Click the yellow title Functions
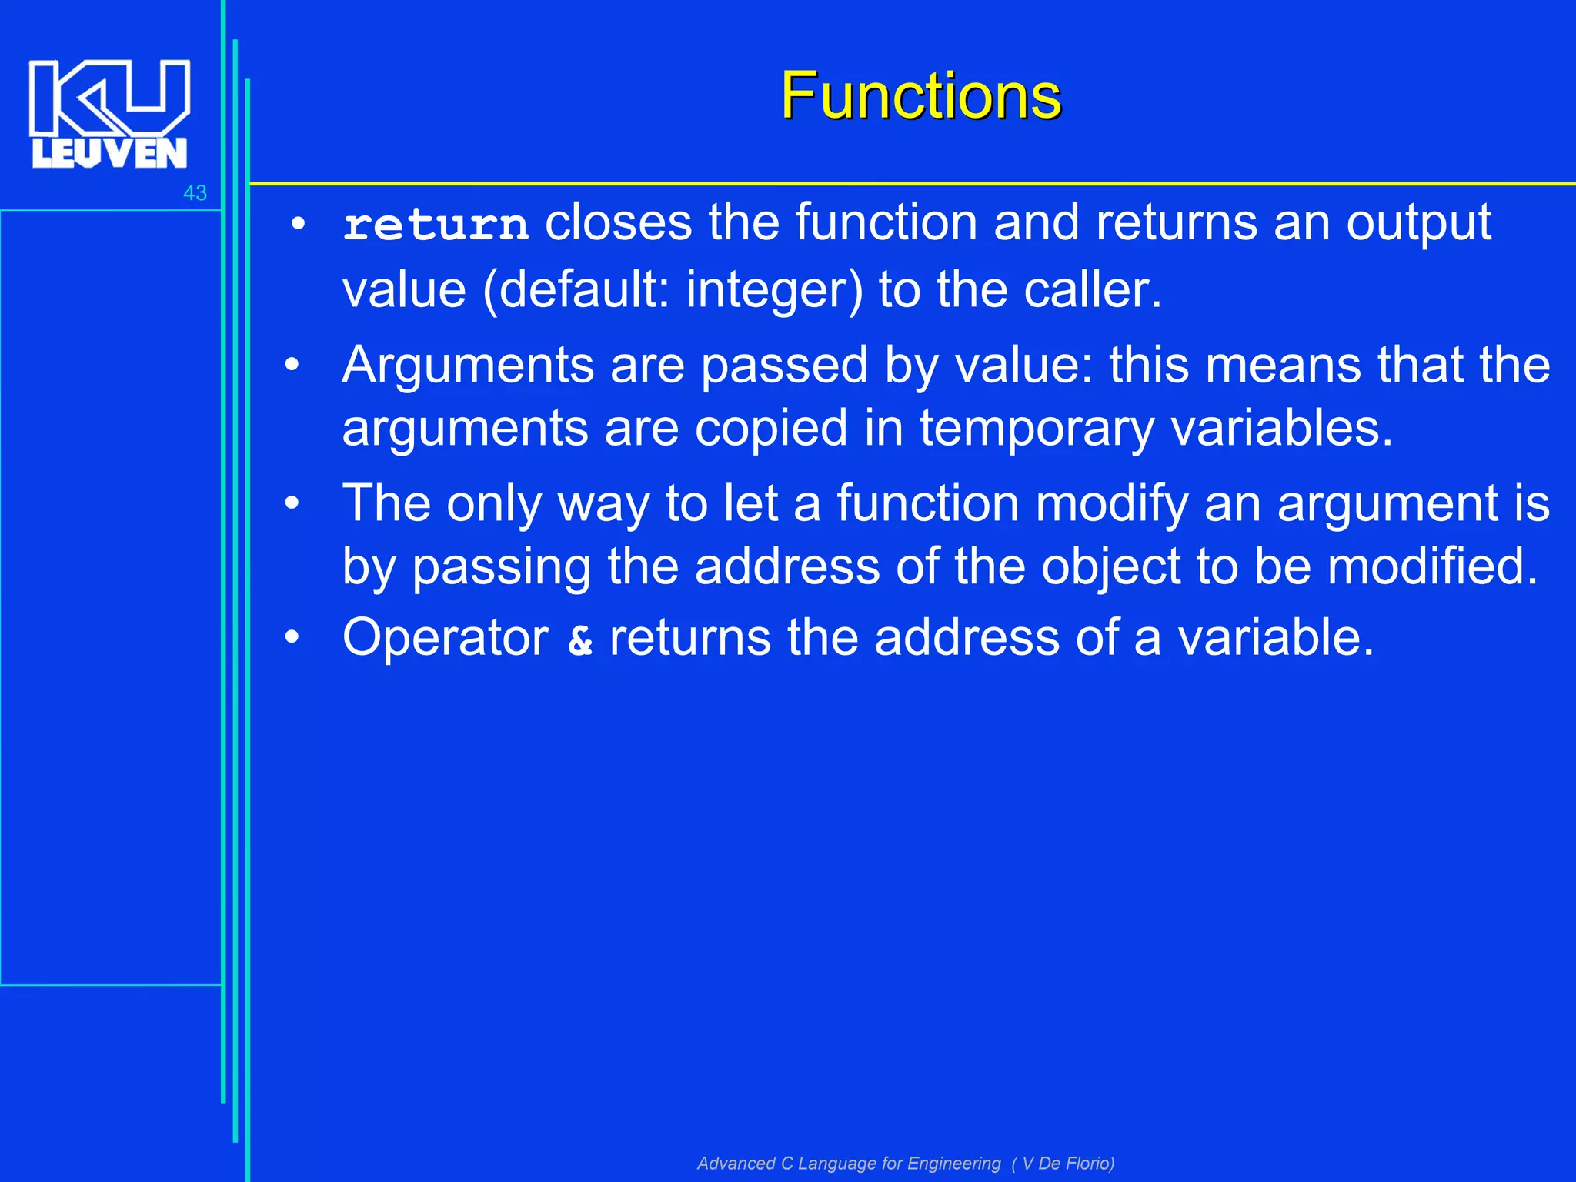(x=920, y=96)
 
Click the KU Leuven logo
(x=109, y=114)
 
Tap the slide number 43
(x=195, y=193)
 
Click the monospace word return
(x=436, y=225)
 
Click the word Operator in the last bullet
(x=446, y=638)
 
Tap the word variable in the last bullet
(x=1275, y=638)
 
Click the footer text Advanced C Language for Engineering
(x=849, y=1163)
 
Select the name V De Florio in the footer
(x=1066, y=1163)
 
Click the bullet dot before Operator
(x=292, y=638)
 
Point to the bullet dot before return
(x=299, y=225)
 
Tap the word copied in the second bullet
(x=770, y=429)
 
